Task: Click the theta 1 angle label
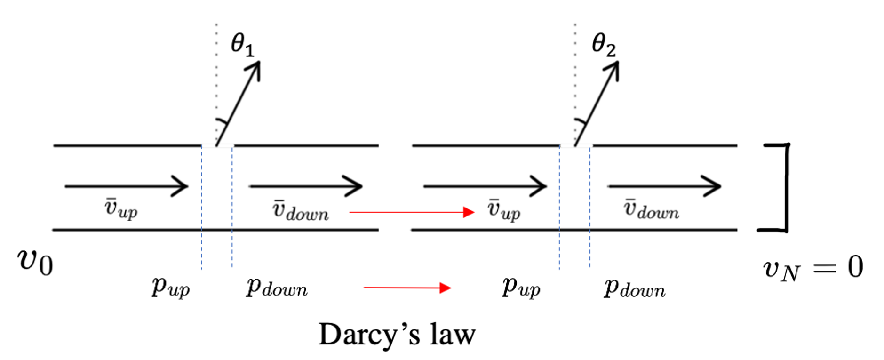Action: [x=242, y=45]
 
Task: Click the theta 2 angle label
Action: [x=603, y=45]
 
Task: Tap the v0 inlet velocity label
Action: [x=35, y=262]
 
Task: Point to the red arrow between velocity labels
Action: [x=412, y=212]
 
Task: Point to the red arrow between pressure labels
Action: [x=407, y=288]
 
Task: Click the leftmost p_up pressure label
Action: [x=170, y=286]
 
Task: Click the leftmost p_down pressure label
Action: [x=277, y=287]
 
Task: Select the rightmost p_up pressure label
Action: [x=521, y=286]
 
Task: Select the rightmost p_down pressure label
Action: [x=634, y=288]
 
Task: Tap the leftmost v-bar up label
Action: [x=121, y=208]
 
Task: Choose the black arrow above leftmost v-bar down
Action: [x=305, y=186]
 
